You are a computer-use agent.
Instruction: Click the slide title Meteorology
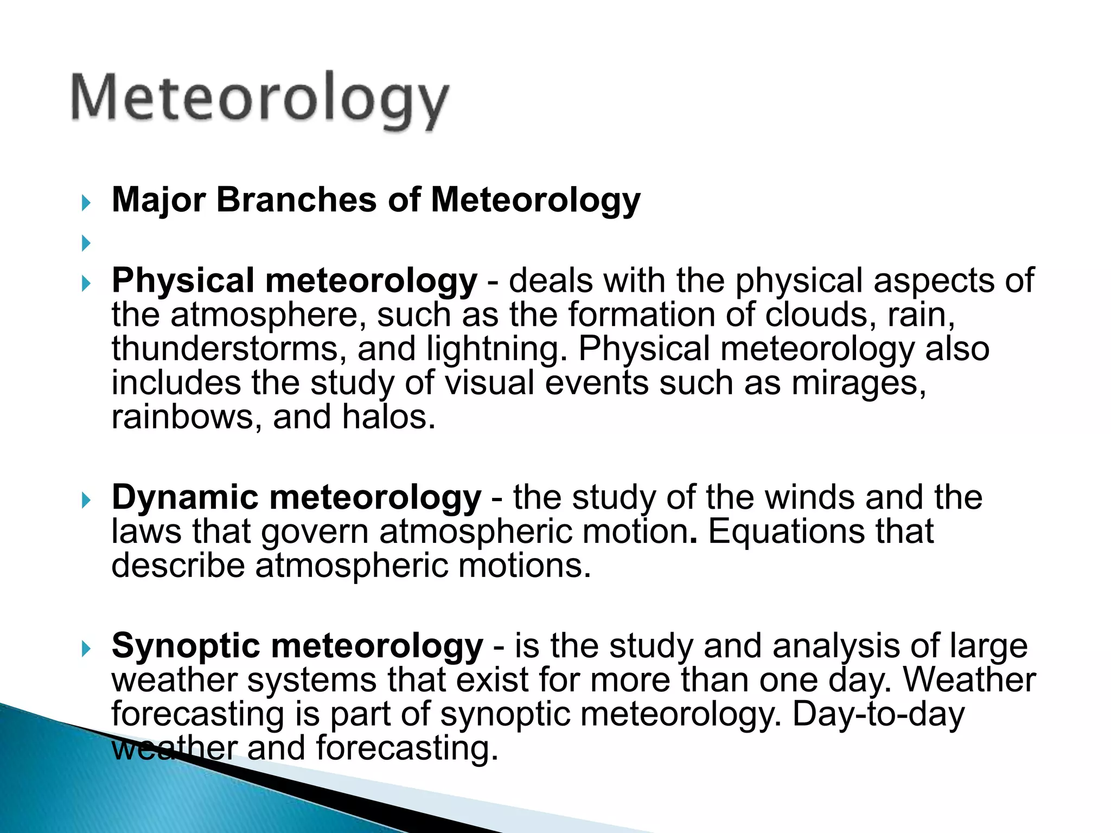[x=259, y=99]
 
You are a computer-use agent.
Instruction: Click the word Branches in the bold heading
[x=296, y=200]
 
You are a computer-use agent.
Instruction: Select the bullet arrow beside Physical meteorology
[x=86, y=283]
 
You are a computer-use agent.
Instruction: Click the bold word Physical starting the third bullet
[x=183, y=281]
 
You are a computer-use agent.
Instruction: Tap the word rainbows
[x=183, y=417]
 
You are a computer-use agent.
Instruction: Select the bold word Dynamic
[x=185, y=497]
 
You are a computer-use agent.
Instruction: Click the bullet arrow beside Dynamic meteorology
[x=86, y=500]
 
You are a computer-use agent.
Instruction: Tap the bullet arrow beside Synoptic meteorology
[x=86, y=649]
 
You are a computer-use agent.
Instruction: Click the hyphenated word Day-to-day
[x=878, y=715]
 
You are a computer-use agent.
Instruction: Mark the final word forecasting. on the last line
[x=407, y=749]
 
